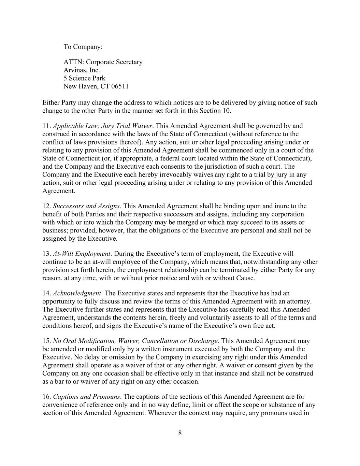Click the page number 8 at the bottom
[x=180, y=433]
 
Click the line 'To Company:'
[x=83, y=47]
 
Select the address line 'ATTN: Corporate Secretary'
[x=103, y=62]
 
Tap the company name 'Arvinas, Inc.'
[x=82, y=70]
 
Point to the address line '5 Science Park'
[x=84, y=78]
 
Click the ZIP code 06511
[x=120, y=86]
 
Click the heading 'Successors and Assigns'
[x=86, y=206]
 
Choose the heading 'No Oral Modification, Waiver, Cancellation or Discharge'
[x=135, y=341]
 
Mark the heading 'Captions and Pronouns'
[x=86, y=397]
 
